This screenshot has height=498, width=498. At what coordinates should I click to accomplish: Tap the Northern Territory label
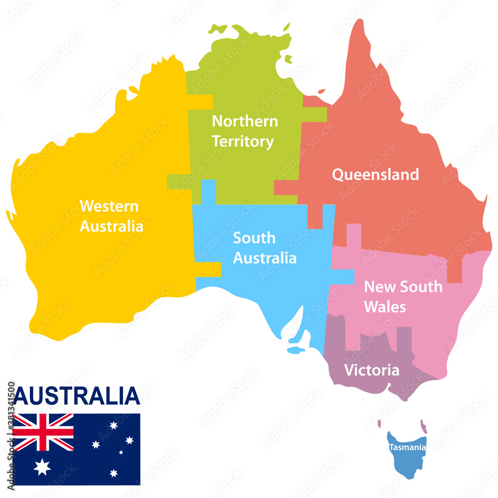(245, 131)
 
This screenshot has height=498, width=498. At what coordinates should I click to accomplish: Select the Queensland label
(375, 175)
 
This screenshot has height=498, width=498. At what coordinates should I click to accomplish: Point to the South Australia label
(264, 248)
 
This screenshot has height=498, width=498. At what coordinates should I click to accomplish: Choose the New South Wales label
(402, 296)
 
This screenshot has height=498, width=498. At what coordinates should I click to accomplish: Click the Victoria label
(372, 371)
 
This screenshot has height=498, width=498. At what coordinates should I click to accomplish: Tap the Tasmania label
(407, 447)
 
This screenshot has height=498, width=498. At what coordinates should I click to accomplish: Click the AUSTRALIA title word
(77, 396)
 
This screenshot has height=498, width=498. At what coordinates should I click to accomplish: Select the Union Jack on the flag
(43, 432)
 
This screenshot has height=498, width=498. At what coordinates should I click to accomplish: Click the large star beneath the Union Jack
(42, 467)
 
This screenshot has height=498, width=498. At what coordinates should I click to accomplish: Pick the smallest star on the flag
(121, 452)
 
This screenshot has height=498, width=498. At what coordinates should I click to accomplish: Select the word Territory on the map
(243, 141)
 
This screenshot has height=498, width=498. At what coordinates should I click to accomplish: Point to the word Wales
(384, 307)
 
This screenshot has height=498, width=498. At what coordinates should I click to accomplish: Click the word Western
(109, 206)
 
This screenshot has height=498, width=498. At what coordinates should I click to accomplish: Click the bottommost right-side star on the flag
(114, 473)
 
